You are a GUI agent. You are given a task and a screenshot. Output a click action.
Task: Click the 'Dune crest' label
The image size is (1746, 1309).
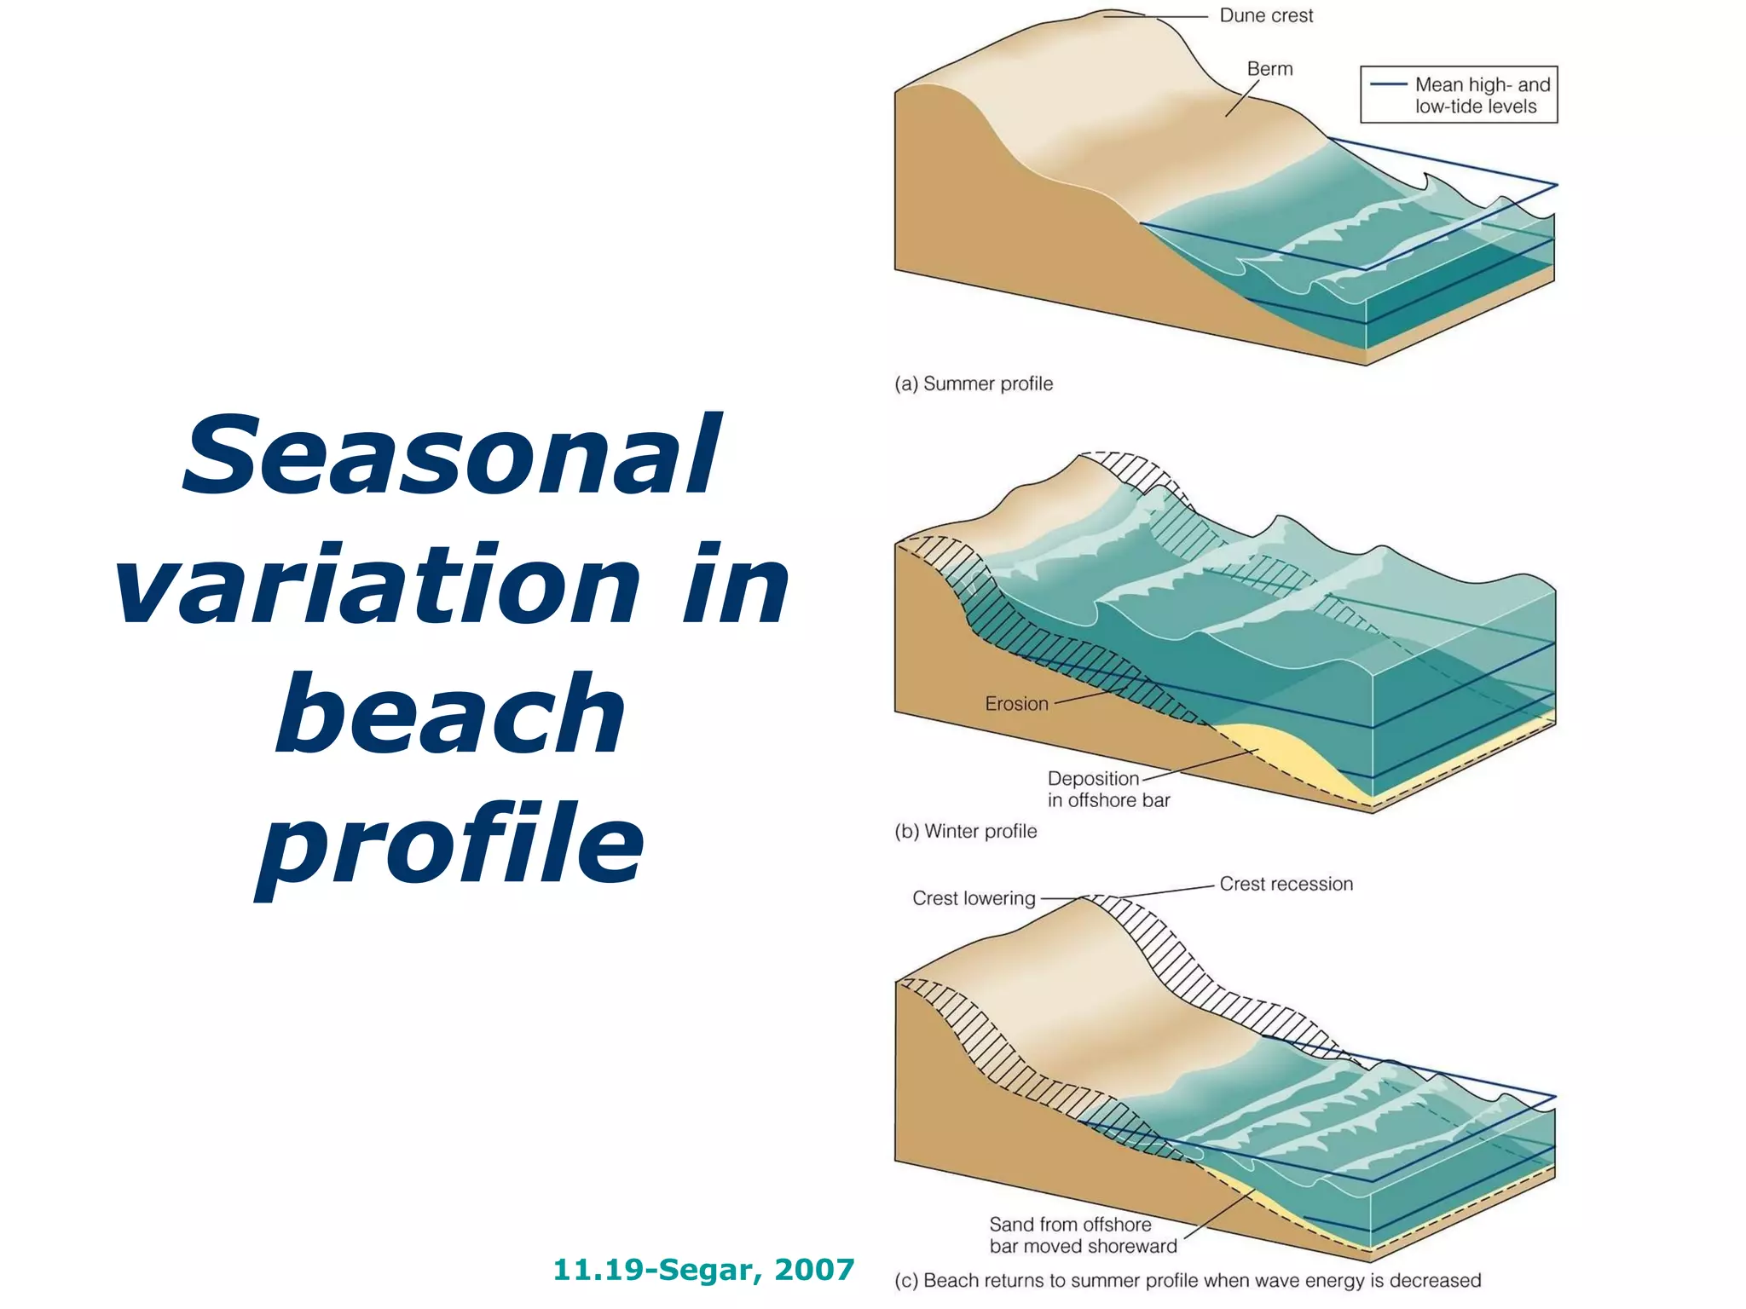(x=1265, y=16)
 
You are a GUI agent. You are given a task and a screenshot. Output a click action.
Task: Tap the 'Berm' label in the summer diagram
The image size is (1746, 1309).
(x=1269, y=69)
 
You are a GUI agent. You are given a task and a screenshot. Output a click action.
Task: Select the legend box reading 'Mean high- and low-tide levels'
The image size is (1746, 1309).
(x=1458, y=95)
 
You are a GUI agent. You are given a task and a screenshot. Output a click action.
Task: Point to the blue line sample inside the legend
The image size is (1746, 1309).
(x=1387, y=84)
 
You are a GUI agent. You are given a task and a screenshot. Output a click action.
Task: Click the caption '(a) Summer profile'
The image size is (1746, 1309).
(x=973, y=383)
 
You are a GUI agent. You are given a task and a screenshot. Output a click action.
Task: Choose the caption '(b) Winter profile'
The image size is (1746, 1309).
(x=965, y=831)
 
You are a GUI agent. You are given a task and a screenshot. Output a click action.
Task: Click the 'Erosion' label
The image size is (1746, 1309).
(x=1016, y=704)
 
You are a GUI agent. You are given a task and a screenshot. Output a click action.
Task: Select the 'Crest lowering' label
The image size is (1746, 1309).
(x=974, y=898)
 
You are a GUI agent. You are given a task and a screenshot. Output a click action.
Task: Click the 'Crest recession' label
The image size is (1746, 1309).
(x=1286, y=884)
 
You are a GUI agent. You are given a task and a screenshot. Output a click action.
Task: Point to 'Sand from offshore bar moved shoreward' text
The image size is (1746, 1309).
(x=1082, y=1235)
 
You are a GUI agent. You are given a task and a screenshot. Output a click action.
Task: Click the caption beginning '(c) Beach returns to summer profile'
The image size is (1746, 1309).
(x=1187, y=1280)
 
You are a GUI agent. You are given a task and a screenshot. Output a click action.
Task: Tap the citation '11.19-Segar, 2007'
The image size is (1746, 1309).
(x=703, y=1270)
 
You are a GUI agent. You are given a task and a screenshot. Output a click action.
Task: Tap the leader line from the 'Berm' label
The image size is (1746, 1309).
(x=1242, y=99)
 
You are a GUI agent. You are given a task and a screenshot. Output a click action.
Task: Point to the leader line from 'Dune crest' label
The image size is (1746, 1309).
(x=1155, y=16)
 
